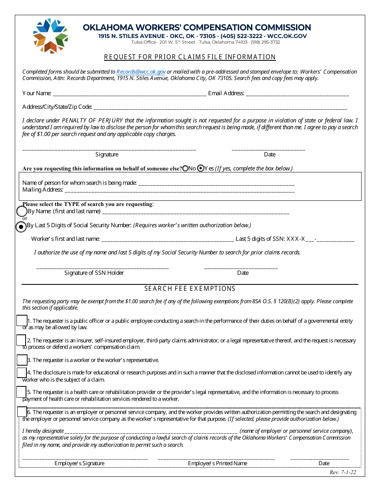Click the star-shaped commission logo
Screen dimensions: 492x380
[50, 36]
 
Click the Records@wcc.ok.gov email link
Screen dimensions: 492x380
[141, 72]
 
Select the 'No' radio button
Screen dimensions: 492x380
[185, 169]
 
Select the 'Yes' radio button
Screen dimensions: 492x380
[201, 169]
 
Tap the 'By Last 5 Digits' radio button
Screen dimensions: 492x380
[21, 226]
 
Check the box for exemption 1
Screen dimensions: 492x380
[22, 320]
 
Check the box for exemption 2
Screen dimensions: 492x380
[21, 340]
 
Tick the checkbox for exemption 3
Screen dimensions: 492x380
[22, 360]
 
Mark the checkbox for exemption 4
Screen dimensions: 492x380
[22, 372]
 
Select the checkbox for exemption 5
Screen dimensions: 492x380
[21, 392]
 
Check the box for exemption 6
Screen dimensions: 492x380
[22, 412]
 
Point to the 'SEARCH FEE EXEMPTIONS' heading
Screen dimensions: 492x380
[190, 289]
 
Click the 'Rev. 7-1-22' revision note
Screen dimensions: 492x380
[342, 472]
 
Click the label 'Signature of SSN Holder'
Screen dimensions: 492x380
[94, 273]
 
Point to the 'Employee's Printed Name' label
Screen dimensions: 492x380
[218, 463]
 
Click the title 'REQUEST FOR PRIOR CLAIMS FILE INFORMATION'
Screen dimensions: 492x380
[190, 57]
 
